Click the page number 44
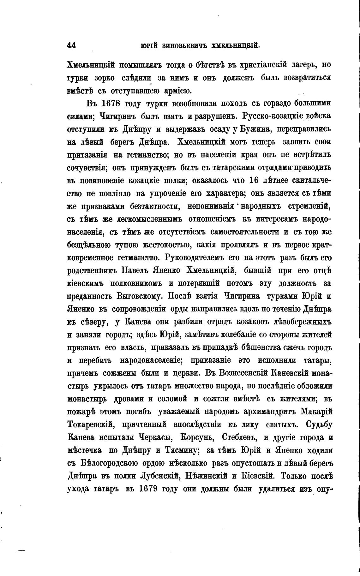pyautogui.click(x=72, y=45)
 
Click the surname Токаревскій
pyautogui.click(x=91, y=425)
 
